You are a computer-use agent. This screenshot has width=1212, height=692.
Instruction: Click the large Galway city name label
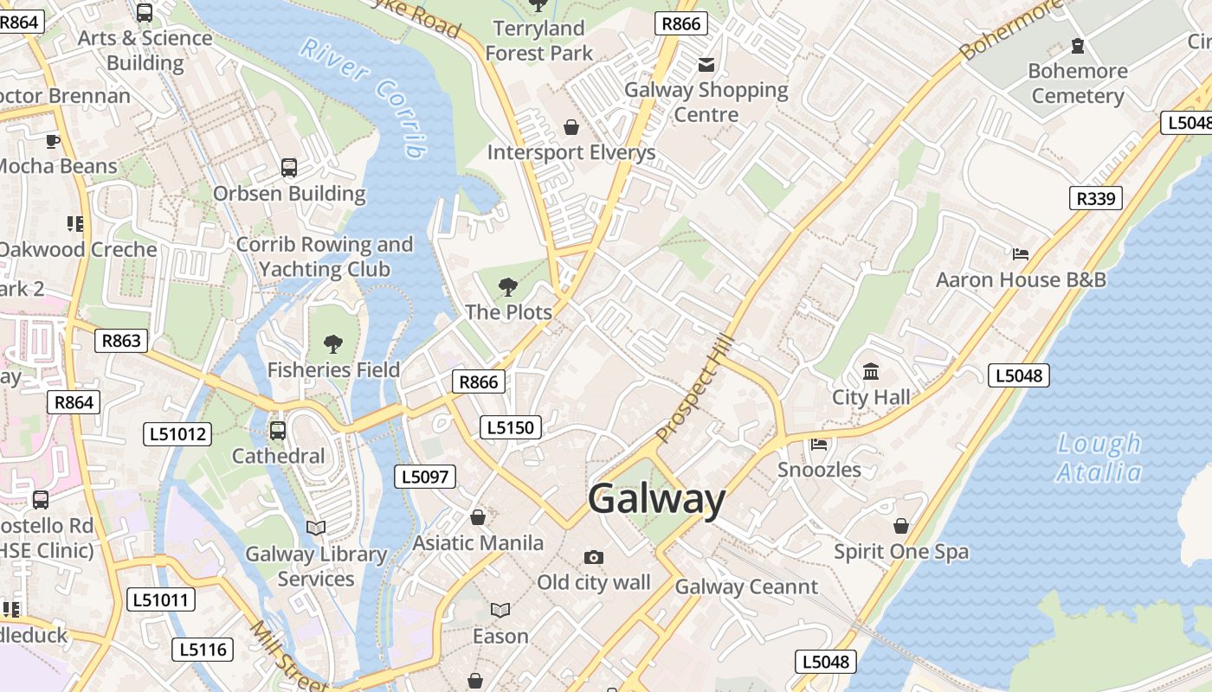click(x=656, y=499)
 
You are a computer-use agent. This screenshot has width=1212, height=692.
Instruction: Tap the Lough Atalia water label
click(x=1099, y=458)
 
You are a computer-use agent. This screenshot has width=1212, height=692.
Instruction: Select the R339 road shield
click(x=1095, y=198)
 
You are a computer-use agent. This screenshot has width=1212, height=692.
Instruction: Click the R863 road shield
click(x=120, y=340)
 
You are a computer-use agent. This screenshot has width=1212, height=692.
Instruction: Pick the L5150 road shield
click(x=511, y=426)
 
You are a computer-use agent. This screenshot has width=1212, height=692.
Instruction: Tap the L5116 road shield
click(x=203, y=649)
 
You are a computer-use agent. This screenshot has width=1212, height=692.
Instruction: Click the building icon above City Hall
click(x=871, y=372)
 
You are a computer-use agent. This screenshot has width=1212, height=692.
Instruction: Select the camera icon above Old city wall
click(x=593, y=557)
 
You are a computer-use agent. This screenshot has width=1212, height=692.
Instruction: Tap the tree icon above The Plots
click(x=508, y=286)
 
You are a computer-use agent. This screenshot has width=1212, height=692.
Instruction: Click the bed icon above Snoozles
click(x=819, y=445)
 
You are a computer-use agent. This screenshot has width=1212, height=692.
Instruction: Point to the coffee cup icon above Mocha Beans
click(x=52, y=140)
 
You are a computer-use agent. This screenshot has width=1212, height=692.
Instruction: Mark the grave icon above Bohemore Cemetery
click(x=1078, y=45)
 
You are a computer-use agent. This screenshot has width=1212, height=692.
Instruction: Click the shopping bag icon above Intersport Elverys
click(x=571, y=127)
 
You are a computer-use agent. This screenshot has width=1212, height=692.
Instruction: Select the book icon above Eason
click(x=500, y=610)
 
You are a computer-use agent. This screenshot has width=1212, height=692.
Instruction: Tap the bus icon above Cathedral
click(x=278, y=430)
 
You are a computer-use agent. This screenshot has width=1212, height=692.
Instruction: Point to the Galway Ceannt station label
click(x=746, y=586)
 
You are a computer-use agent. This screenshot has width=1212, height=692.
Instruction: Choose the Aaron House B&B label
click(x=1021, y=279)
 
